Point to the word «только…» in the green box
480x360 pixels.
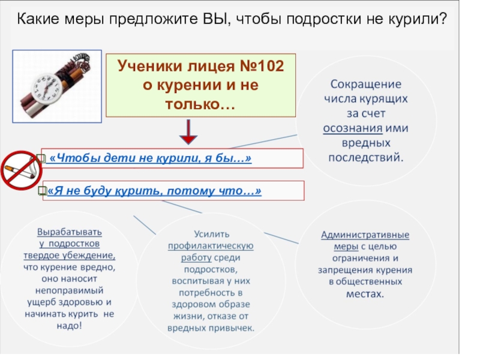coord(200,104)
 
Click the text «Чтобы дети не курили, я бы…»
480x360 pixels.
coord(150,158)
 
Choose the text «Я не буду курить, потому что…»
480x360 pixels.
coord(155,191)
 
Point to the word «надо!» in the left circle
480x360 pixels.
coord(70,326)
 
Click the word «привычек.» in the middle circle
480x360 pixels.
coord(231,328)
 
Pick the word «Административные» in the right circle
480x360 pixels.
coord(365,234)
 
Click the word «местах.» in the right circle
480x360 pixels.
coord(365,295)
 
